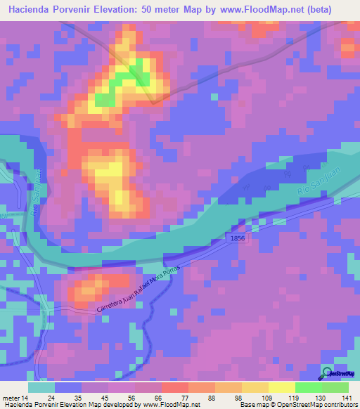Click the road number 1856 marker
[237, 240]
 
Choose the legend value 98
[228, 398]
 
